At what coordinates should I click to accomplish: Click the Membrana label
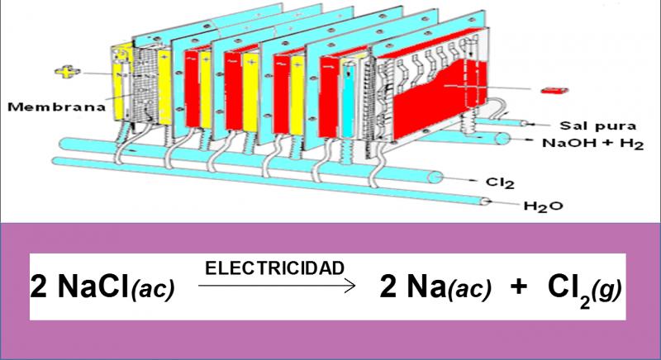click(x=56, y=107)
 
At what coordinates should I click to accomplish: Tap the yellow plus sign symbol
click(x=68, y=72)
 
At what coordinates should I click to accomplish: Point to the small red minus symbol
click(x=554, y=90)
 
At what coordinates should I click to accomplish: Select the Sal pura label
click(x=597, y=126)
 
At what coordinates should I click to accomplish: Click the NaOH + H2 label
click(x=592, y=144)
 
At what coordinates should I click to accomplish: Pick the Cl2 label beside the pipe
click(x=500, y=182)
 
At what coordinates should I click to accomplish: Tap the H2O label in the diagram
click(x=543, y=206)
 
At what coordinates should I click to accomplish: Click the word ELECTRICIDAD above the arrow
click(x=274, y=268)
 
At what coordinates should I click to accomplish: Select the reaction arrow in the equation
click(x=277, y=287)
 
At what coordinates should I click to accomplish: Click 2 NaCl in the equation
click(x=80, y=287)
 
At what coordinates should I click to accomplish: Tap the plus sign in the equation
click(x=519, y=287)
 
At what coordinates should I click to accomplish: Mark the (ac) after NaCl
click(x=153, y=290)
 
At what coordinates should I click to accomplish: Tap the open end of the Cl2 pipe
click(x=435, y=178)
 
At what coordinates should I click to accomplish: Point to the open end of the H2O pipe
click(x=485, y=201)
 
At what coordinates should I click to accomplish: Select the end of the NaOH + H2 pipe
click(x=502, y=138)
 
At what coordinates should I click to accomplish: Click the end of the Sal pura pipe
click(x=524, y=123)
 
